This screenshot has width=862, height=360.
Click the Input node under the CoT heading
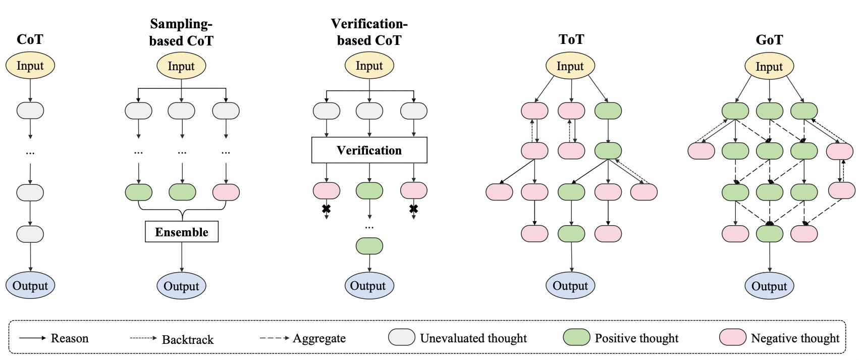[30, 66]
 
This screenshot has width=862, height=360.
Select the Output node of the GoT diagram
[769, 286]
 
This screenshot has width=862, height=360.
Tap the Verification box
[369, 150]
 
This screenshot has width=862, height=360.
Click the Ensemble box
[182, 232]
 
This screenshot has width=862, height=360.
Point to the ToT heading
[571, 39]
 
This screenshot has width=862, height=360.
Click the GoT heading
[769, 40]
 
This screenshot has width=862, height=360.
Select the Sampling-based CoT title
[181, 32]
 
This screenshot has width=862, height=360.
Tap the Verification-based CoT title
[369, 32]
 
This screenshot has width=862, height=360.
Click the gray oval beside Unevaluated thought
[402, 337]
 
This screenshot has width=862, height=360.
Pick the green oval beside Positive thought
[576, 337]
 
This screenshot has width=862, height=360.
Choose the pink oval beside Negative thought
[733, 337]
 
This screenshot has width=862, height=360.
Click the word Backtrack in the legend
[188, 339]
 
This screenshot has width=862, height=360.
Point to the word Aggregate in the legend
[319, 338]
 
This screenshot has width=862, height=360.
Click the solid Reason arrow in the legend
[32, 338]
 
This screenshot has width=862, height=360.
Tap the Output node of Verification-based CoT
[369, 286]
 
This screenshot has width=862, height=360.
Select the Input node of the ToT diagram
[570, 66]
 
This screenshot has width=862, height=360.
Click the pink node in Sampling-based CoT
[226, 192]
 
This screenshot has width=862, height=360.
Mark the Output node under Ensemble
[181, 286]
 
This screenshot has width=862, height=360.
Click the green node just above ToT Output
[571, 234]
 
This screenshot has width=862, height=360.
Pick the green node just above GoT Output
[769, 234]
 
